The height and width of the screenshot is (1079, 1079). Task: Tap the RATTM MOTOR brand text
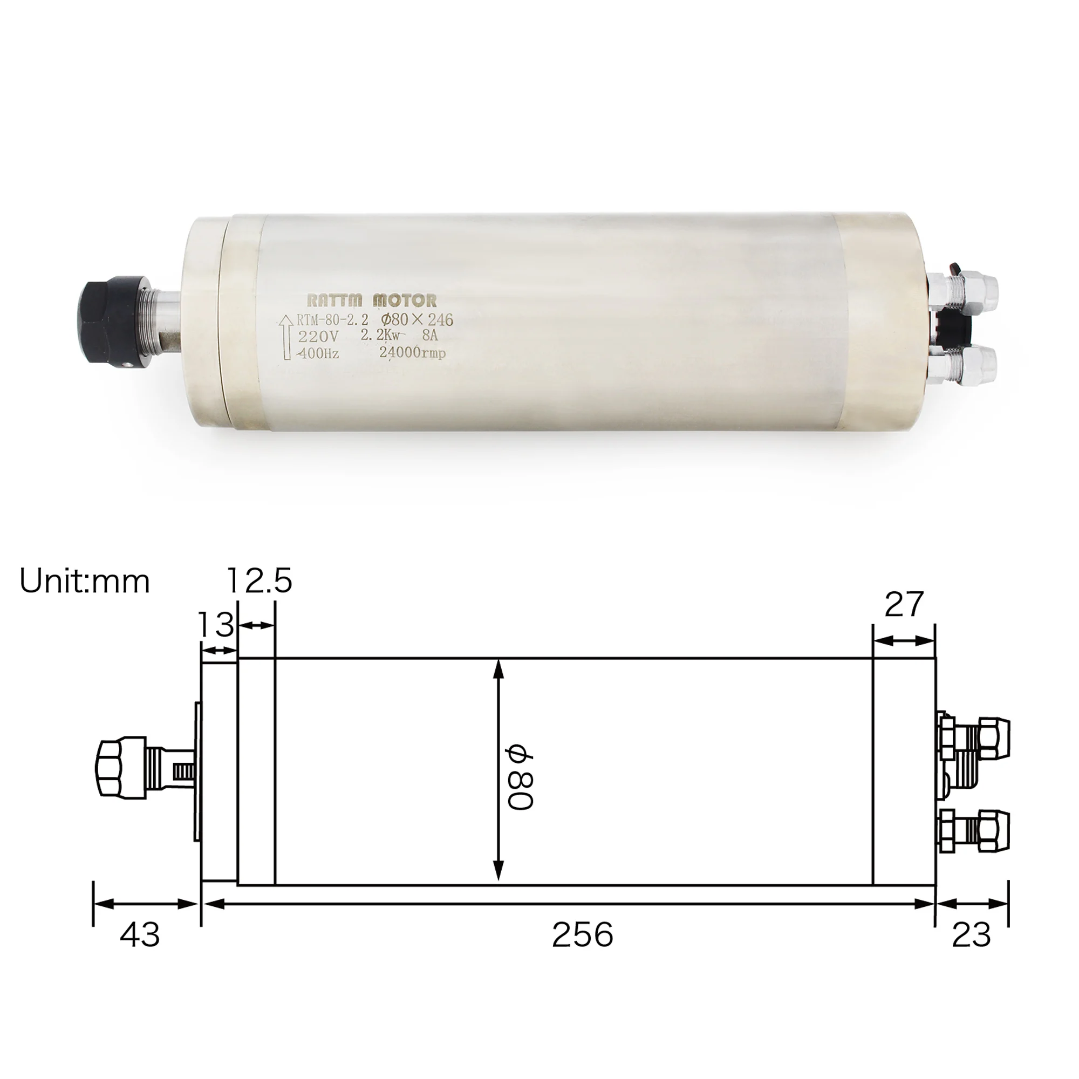pos(372,301)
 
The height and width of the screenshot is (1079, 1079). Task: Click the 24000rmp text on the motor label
pos(412,352)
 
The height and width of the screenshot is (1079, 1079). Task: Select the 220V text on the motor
pos(318,337)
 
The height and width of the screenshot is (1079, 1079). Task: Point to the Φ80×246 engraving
pos(416,320)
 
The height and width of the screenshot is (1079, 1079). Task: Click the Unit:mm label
pos(85,582)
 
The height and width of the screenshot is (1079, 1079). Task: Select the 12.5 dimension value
pos(259,581)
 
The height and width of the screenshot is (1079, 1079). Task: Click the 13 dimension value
pos(216,624)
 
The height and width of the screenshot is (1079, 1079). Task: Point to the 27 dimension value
pos(904,604)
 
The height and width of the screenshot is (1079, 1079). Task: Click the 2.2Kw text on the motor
pos(384,336)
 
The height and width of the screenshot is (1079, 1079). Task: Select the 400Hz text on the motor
pos(318,353)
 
